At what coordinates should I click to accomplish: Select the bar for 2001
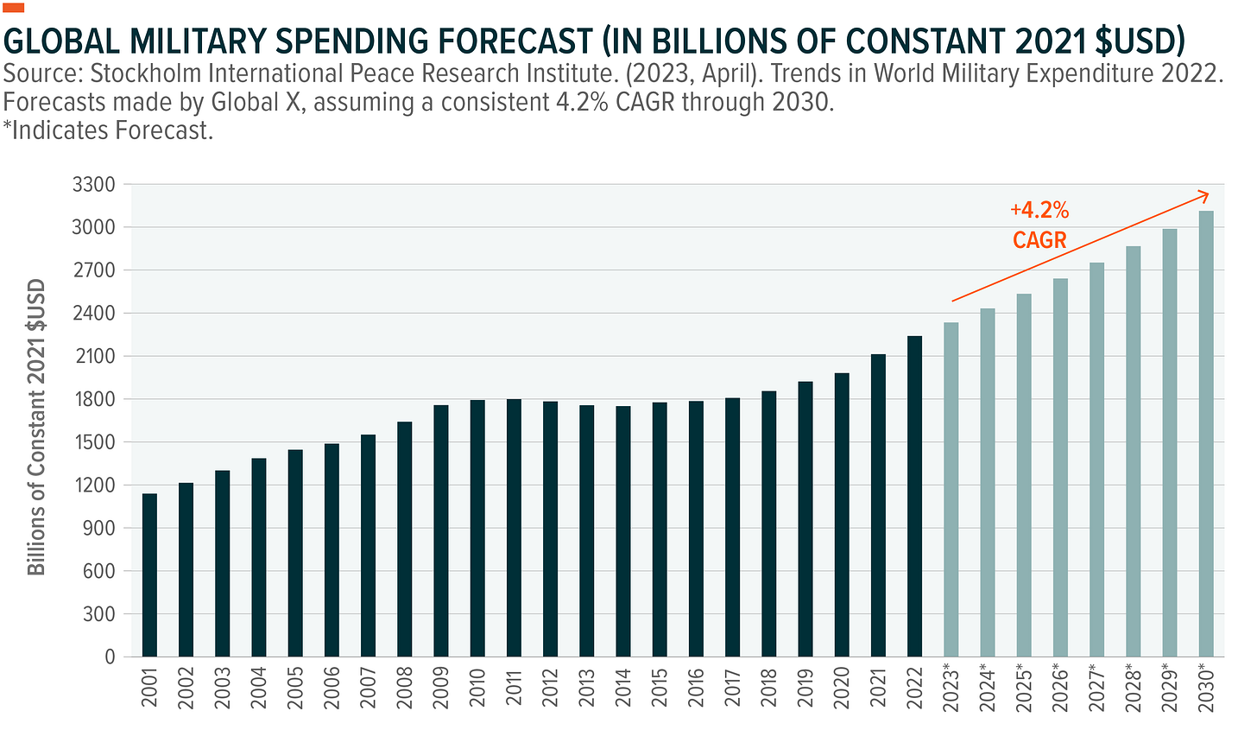coord(149,574)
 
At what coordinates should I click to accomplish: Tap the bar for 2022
coord(914,496)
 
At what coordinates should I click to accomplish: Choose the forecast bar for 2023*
coord(951,489)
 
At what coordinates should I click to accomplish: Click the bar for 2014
coord(622,531)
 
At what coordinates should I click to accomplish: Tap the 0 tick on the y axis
coord(109,657)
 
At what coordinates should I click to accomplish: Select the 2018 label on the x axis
coord(768,688)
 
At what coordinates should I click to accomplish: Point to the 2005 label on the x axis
coord(295,688)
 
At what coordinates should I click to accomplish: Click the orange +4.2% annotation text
coord(1039,210)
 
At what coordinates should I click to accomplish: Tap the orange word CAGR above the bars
coord(1039,239)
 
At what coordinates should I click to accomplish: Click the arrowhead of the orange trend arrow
coord(1205,194)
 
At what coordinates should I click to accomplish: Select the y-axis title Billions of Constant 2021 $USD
coord(36,427)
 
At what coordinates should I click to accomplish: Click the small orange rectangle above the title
coord(14,8)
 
